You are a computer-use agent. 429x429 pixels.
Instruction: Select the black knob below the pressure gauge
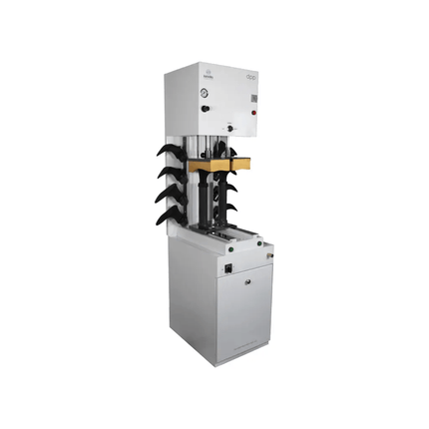(x=204, y=107)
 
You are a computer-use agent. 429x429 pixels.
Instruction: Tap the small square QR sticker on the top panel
(x=254, y=98)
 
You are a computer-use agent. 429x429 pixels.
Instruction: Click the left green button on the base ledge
(x=223, y=237)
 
